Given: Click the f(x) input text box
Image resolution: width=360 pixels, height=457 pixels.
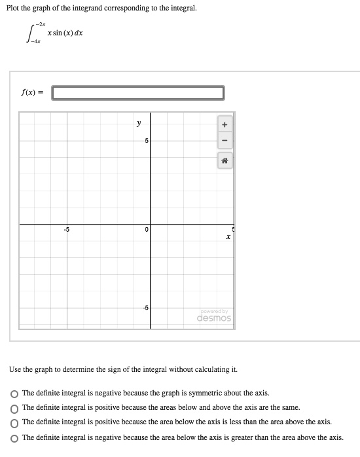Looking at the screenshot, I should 138,93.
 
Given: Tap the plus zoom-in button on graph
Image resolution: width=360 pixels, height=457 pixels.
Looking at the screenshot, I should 224,124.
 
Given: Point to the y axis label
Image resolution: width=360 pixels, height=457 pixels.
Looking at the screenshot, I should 138,122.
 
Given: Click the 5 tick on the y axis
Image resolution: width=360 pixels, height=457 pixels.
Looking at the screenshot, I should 147,141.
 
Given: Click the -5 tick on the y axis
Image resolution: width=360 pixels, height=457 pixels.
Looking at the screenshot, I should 146,307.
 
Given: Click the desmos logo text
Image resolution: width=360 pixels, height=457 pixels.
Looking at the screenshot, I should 214,318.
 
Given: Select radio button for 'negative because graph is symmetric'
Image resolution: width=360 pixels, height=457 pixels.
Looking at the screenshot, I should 14,393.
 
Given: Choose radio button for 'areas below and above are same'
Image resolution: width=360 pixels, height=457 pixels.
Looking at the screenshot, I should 14,408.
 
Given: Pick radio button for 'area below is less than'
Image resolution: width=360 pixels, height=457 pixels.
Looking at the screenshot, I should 14,422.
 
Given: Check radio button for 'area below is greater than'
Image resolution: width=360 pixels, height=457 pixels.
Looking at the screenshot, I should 14,437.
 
